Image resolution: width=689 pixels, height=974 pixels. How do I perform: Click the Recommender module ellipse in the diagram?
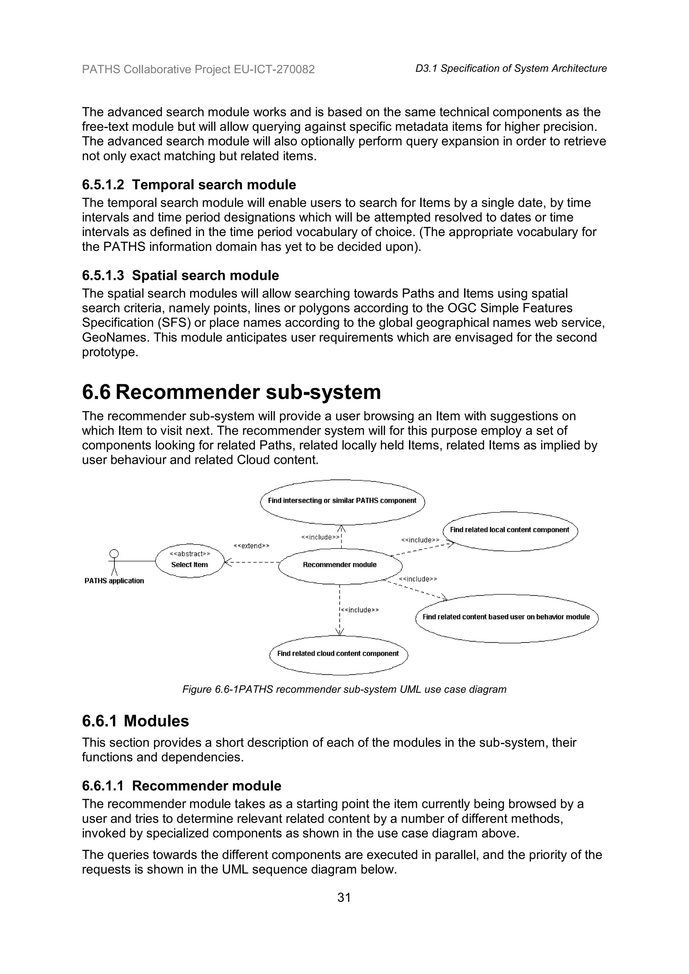[340, 565]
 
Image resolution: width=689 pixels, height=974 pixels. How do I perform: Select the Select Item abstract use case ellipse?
[189, 560]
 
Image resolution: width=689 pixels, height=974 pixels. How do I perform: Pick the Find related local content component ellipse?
[510, 530]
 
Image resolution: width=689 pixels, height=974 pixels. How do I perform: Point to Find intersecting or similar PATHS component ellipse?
[342, 501]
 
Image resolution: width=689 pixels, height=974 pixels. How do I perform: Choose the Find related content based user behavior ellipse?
[506, 617]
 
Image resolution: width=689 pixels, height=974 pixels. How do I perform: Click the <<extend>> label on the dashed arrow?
[251, 546]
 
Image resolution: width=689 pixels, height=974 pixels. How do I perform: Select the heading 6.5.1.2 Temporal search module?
[189, 185]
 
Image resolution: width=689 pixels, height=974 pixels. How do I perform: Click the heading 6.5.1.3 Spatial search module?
[180, 276]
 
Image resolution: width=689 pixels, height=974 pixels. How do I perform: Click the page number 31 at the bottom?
[344, 898]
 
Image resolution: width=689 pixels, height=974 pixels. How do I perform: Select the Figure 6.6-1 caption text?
[344, 689]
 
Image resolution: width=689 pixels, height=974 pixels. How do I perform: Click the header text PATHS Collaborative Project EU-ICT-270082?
[198, 69]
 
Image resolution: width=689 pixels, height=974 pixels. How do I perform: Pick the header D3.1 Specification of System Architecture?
[511, 69]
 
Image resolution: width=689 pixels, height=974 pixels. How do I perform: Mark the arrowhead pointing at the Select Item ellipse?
[226, 563]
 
